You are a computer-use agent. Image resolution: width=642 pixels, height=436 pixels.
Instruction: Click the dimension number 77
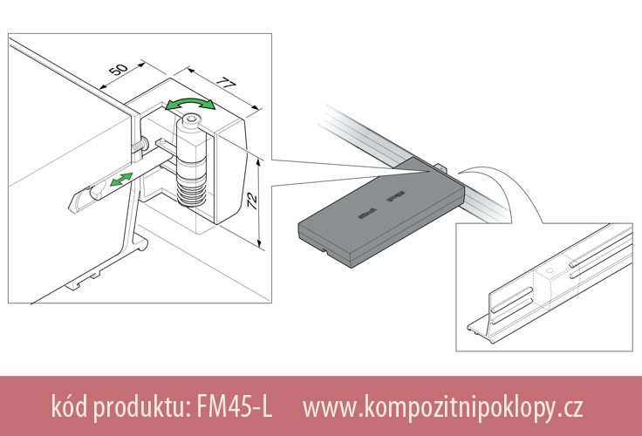pyautogui.click(x=226, y=87)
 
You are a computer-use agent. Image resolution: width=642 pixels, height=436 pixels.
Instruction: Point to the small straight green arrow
pyautogui.click(x=120, y=180)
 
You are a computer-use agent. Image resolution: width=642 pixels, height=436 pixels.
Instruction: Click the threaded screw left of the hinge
pyautogui.click(x=140, y=143)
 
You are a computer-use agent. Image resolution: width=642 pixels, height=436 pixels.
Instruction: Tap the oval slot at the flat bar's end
pyautogui.click(x=80, y=200)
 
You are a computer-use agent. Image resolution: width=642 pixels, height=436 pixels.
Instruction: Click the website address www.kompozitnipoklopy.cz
pyautogui.click(x=442, y=406)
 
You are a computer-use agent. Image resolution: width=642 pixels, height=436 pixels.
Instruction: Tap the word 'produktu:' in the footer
pyautogui.click(x=140, y=406)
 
